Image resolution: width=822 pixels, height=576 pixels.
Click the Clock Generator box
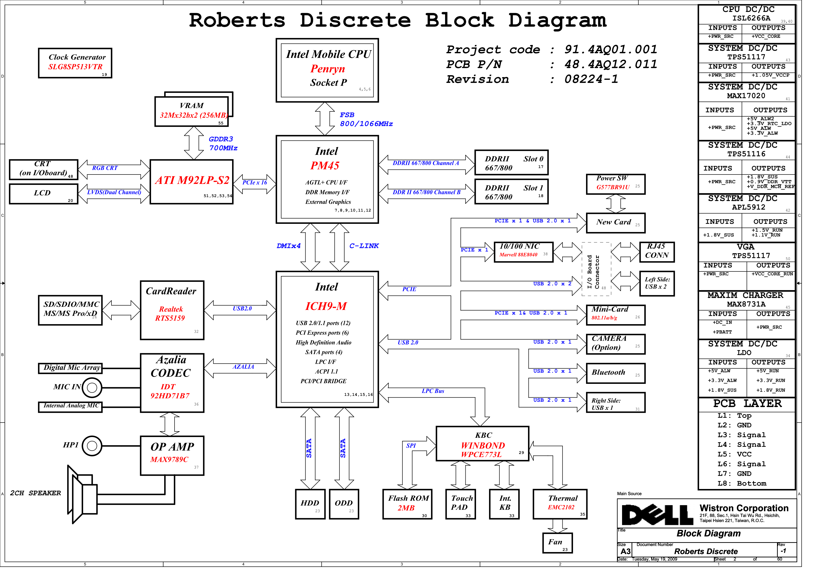(x=75, y=63)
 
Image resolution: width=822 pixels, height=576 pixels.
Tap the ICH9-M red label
(x=326, y=306)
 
